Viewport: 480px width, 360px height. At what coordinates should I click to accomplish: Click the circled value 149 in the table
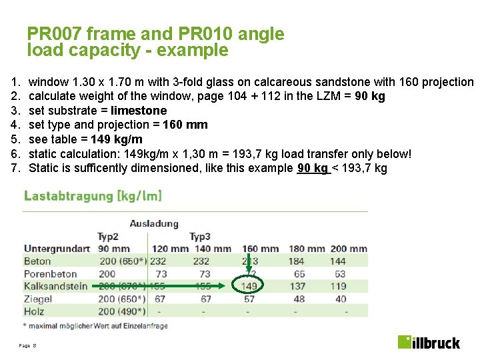[249, 286]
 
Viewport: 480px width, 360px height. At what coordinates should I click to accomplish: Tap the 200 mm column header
[348, 249]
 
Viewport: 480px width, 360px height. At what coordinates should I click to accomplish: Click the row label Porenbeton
[50, 273]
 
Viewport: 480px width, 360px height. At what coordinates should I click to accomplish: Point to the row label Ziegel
[38, 299]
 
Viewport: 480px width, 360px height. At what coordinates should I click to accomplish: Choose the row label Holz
[35, 311]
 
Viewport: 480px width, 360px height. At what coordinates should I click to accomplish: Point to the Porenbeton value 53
[340, 273]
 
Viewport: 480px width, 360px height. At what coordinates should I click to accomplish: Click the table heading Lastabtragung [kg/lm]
[93, 196]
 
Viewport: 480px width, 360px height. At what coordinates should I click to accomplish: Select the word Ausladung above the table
[154, 223]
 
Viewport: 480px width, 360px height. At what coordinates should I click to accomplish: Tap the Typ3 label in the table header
[200, 237]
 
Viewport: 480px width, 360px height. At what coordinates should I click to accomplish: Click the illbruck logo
[429, 342]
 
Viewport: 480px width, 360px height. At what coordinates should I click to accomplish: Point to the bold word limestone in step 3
[139, 111]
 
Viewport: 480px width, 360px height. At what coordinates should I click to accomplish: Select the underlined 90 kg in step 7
[313, 168]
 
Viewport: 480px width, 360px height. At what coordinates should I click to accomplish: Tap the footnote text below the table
[95, 325]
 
